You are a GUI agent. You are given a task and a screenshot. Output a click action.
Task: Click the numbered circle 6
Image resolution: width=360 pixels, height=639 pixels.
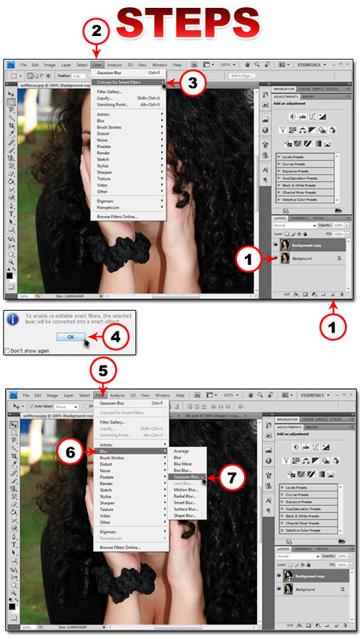coord(72,453)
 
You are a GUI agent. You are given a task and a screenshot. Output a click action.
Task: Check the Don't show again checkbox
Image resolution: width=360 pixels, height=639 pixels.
coord(6,350)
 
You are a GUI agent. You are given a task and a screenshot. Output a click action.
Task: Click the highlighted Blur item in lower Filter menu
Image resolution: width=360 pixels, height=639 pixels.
coord(107,451)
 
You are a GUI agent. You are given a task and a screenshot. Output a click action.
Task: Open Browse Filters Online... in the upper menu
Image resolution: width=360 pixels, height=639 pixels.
coord(118,216)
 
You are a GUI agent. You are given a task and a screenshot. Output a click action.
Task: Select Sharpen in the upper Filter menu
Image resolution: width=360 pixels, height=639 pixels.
coord(107,173)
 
